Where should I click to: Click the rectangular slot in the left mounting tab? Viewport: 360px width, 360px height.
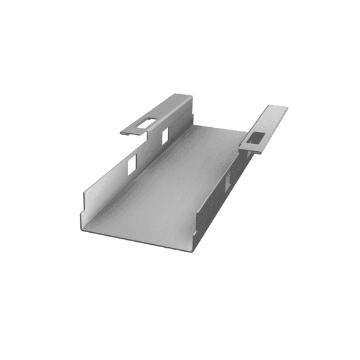click(x=146, y=123)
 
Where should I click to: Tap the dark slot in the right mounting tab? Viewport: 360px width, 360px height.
click(x=254, y=138)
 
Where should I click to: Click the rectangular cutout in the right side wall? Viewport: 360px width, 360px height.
click(x=228, y=180)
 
